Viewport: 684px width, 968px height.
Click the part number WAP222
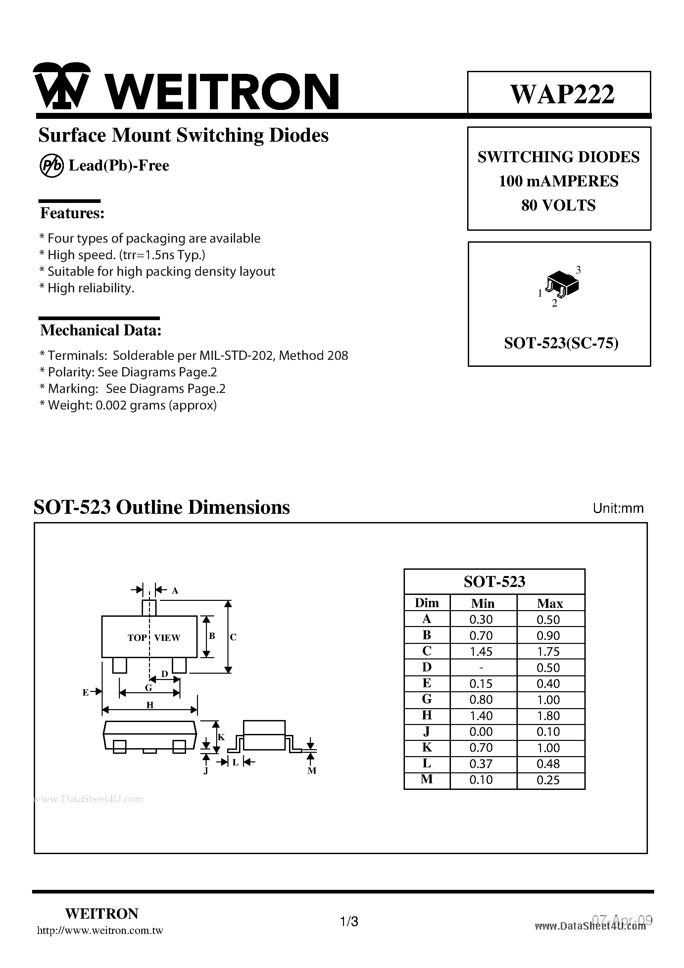pyautogui.click(x=562, y=94)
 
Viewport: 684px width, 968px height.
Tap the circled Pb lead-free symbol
pyautogui.click(x=51, y=166)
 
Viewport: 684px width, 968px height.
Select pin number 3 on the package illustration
pyautogui.click(x=578, y=270)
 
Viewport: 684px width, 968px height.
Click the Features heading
pyautogui.click(x=72, y=213)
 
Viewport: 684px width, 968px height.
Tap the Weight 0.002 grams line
pyautogui.click(x=128, y=405)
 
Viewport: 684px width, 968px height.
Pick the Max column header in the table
pyautogui.click(x=550, y=603)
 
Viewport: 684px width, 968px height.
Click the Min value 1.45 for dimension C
pyautogui.click(x=481, y=652)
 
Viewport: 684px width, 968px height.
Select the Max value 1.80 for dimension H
pyautogui.click(x=548, y=716)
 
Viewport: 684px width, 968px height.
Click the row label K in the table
pyautogui.click(x=427, y=748)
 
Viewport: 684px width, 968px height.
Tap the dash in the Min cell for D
pyautogui.click(x=481, y=668)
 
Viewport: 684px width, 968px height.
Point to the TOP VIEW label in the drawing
pyautogui.click(x=154, y=638)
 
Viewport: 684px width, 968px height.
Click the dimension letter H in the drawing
pyautogui.click(x=150, y=705)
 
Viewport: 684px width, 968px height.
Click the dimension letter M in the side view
pyautogui.click(x=312, y=771)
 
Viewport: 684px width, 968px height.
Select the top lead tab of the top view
pyautogui.click(x=149, y=608)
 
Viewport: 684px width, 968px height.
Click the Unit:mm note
pyautogui.click(x=618, y=508)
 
